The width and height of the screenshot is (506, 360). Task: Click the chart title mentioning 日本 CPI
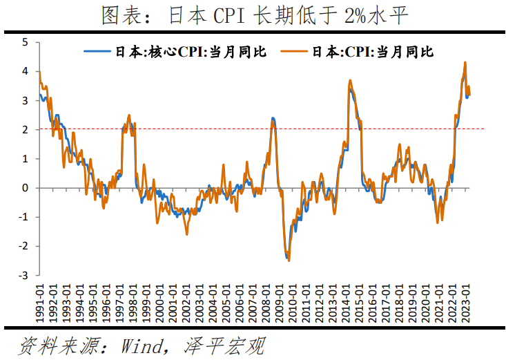coord(253,15)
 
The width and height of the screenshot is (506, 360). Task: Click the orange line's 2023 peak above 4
coord(465,62)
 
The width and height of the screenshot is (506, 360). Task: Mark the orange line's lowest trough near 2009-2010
coord(289,260)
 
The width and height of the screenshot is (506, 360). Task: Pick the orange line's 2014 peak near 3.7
coord(350,80)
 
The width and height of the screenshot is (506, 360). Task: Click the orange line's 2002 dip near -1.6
coord(186,234)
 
